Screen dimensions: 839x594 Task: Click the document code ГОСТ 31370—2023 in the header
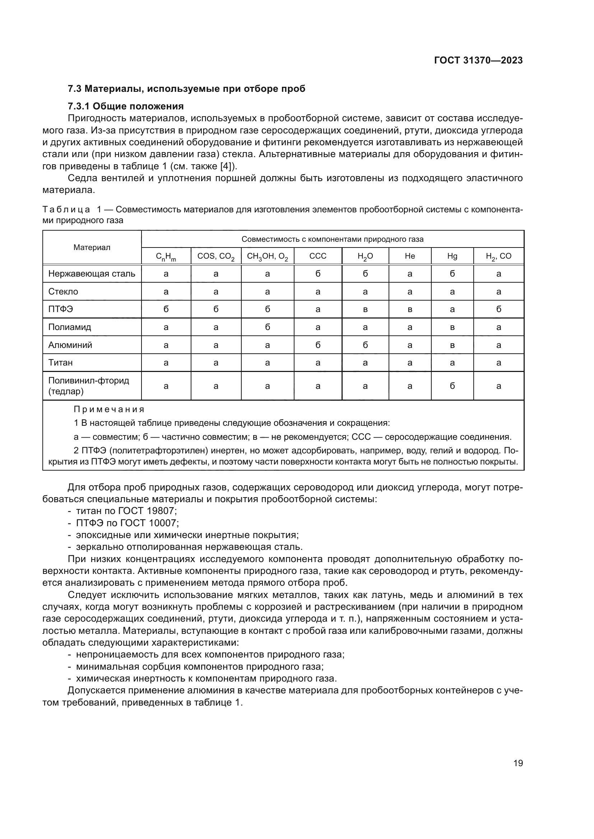[478, 61]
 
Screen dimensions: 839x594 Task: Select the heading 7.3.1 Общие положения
[125, 106]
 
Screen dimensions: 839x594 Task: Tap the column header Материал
[92, 248]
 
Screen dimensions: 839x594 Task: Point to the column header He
[410, 256]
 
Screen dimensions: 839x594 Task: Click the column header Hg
[452, 256]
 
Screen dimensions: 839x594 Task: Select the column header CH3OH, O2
[268, 256]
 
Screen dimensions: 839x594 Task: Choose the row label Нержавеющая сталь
[92, 274]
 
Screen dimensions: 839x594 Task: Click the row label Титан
[60, 363]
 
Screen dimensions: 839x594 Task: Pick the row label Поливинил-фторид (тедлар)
[88, 386]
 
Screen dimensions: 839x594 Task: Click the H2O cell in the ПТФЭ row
[365, 310]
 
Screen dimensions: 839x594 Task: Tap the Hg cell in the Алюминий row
[452, 345]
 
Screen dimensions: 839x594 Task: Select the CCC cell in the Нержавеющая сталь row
[317, 274]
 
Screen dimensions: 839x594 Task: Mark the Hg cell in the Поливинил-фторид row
[452, 386]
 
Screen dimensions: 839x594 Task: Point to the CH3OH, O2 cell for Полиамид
[268, 327]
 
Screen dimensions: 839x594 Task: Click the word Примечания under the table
[109, 409]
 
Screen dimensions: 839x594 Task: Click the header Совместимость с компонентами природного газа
[332, 239]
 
